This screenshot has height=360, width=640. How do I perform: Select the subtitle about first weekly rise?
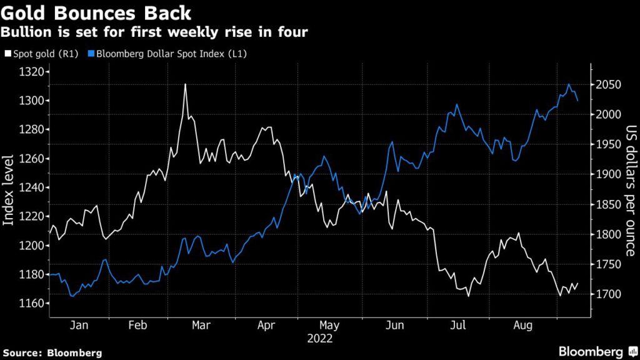(x=155, y=32)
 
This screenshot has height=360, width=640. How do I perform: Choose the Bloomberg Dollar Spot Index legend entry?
(x=168, y=54)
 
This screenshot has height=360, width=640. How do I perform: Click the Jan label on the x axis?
(x=79, y=326)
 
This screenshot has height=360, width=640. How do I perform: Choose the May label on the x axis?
(x=329, y=326)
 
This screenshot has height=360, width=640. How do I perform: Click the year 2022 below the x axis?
(x=319, y=339)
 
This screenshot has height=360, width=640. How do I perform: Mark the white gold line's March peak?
(x=186, y=84)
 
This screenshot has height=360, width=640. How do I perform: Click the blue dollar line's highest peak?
(x=569, y=84)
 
